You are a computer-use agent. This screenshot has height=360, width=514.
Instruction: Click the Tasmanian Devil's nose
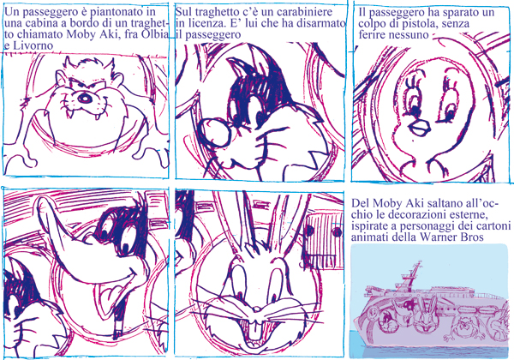pos(84,98)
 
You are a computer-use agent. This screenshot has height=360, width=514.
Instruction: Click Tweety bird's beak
pos(421,127)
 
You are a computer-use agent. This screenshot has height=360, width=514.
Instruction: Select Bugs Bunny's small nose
pos(257,309)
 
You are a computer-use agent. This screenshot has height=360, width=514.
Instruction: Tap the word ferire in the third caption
pos(372,34)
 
